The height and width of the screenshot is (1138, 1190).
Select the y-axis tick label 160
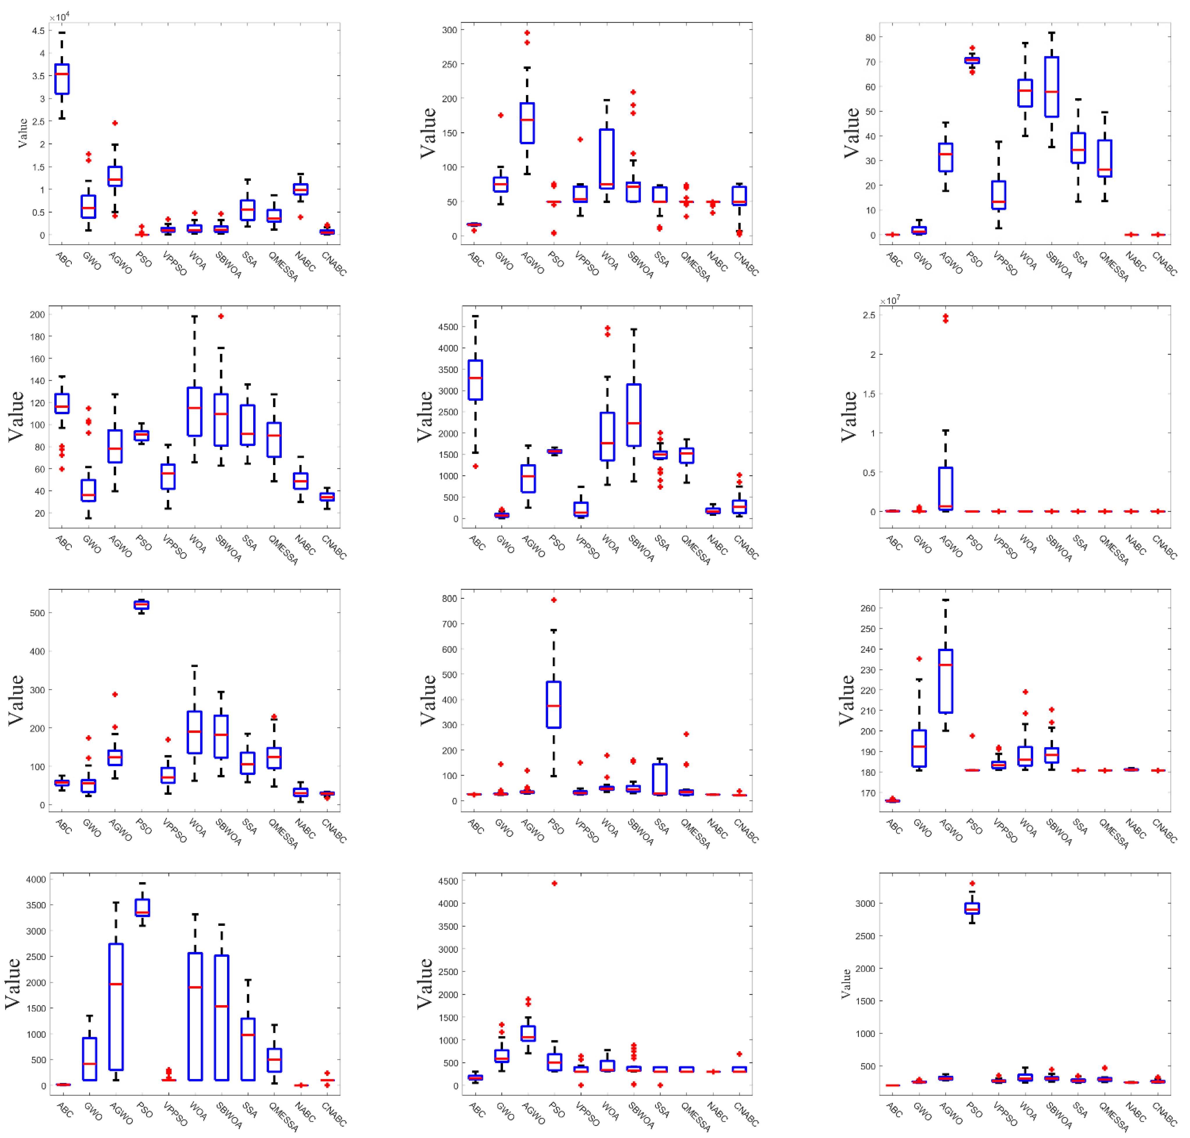tap(37, 358)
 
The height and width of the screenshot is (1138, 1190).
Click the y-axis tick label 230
tap(868, 670)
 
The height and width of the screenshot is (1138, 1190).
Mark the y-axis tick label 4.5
tap(38, 31)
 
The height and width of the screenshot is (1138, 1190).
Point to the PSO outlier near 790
tap(554, 600)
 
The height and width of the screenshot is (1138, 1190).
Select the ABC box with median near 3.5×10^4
tap(62, 79)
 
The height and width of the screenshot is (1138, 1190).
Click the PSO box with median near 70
tap(972, 60)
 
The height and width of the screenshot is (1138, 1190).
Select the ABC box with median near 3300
tap(475, 380)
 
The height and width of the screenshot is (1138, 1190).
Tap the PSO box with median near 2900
tap(972, 908)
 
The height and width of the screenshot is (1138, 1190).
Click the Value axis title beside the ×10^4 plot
tap(23, 133)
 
